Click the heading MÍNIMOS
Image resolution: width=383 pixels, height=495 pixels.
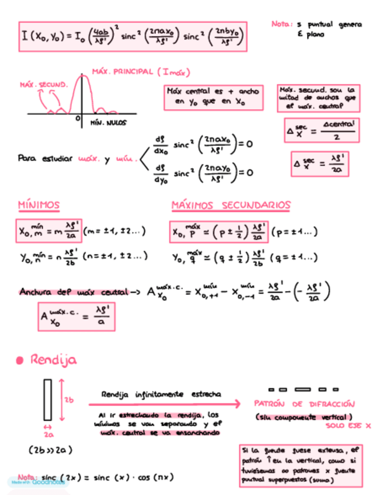39,205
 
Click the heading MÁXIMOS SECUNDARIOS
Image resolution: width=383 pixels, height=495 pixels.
231,205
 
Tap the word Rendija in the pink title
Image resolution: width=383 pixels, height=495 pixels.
54,360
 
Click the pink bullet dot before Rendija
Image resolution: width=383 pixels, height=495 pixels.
20,360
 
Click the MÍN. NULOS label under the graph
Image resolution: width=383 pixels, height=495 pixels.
109,123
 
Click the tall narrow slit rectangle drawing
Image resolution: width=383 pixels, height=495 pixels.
47,400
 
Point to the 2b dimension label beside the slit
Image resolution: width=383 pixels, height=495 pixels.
69,400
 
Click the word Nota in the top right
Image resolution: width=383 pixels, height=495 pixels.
281,25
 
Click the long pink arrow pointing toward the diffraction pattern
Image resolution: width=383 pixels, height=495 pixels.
163,404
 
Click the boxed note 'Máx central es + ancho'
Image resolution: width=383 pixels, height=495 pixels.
212,96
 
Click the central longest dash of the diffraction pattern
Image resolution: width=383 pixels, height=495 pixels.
302,389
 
